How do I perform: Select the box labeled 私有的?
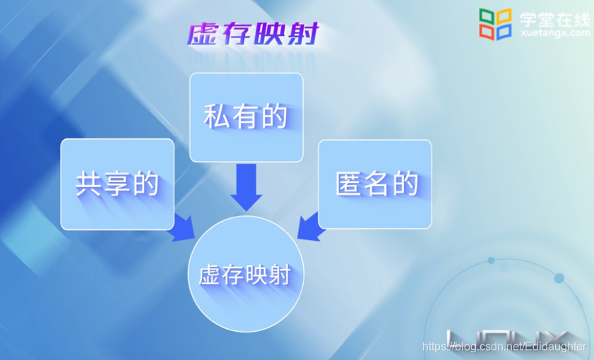(x=246, y=117)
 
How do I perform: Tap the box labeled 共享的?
(x=117, y=184)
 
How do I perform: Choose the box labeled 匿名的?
(x=375, y=184)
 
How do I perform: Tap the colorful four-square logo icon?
(x=495, y=24)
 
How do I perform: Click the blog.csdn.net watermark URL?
(x=504, y=347)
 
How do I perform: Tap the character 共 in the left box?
(x=89, y=184)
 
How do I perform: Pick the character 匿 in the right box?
(x=348, y=184)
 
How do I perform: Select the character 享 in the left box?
(x=117, y=184)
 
